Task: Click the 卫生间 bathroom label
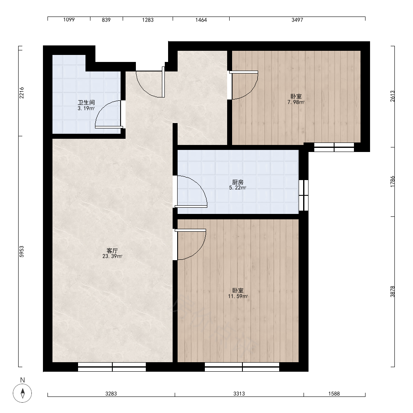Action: tap(86, 102)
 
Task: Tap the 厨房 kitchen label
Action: tap(237, 182)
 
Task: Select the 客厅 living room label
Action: tap(112, 251)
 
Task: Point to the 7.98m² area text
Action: tap(296, 102)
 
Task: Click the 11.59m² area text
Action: tap(238, 296)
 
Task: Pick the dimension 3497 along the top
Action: tap(297, 20)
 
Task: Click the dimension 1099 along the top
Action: tap(69, 20)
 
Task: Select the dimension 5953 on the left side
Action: tap(21, 252)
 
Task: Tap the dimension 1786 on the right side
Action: tap(392, 182)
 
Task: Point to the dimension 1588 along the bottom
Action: tap(334, 394)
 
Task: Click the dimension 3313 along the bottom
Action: tap(239, 394)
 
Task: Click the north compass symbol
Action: tap(22, 393)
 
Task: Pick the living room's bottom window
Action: tap(112, 367)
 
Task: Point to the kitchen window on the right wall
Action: tap(304, 195)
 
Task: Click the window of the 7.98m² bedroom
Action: tap(334, 147)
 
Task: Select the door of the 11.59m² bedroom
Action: tap(190, 244)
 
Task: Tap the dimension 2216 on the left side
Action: tap(21, 93)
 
